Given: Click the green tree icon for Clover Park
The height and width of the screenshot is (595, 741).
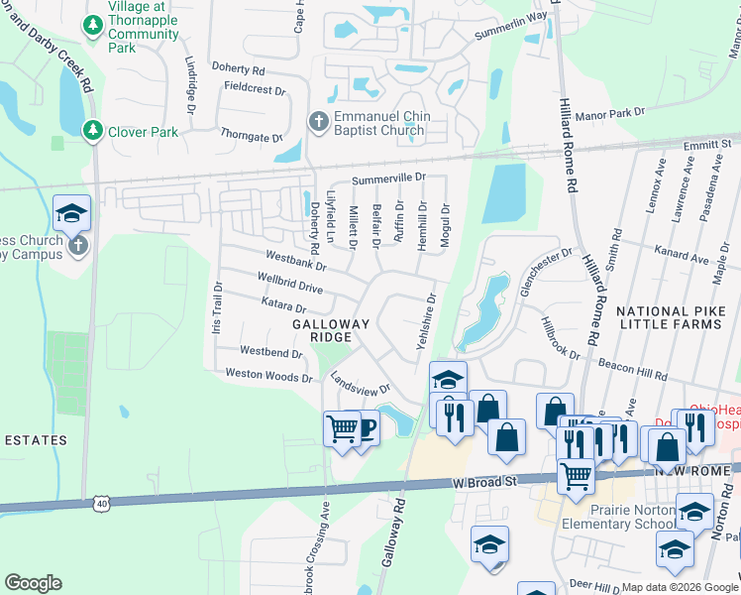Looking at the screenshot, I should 92,131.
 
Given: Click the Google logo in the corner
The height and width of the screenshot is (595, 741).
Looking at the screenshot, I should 33,583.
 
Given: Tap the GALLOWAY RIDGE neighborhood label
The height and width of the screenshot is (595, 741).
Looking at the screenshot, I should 331,330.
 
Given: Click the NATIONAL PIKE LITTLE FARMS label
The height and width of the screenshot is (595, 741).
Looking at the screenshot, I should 678,318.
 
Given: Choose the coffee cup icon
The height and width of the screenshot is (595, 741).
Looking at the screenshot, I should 364,428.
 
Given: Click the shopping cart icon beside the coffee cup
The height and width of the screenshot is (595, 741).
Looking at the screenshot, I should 342,429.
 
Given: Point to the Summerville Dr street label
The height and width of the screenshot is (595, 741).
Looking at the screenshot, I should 388,178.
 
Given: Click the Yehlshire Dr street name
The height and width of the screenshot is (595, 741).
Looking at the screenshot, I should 424,326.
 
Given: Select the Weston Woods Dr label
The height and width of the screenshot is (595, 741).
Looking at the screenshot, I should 269,375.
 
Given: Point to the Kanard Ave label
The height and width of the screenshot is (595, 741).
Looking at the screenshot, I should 686,258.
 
